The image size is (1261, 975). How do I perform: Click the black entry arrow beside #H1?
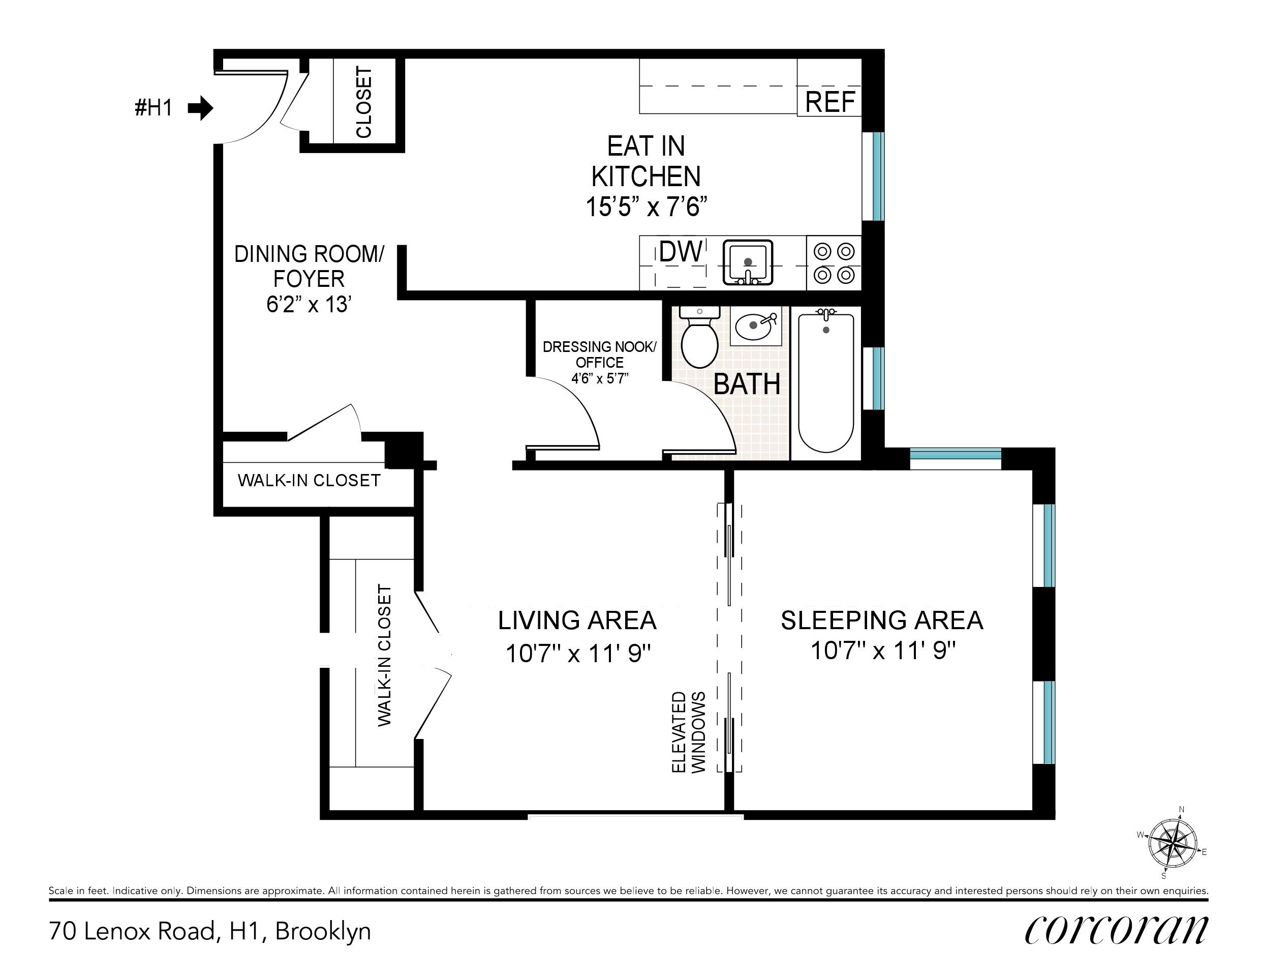(x=200, y=108)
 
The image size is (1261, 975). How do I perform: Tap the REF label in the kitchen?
(x=829, y=102)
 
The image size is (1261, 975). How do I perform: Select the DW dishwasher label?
(x=681, y=251)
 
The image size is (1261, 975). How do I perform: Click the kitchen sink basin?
(x=748, y=263)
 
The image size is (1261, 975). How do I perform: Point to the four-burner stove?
(x=834, y=263)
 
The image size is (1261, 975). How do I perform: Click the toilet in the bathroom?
(x=700, y=337)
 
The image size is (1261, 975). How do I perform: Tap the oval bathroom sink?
(x=755, y=326)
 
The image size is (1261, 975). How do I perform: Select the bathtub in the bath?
(x=825, y=382)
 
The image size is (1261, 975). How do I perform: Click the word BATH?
(x=747, y=385)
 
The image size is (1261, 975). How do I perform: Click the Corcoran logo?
(x=1116, y=930)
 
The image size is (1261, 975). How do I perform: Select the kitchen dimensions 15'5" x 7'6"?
(x=646, y=206)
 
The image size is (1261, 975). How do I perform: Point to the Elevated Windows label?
(x=689, y=732)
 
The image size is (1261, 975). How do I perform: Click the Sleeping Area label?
(x=882, y=621)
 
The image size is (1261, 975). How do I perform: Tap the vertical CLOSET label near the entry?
(x=364, y=103)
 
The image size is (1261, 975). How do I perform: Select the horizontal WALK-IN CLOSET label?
(x=309, y=480)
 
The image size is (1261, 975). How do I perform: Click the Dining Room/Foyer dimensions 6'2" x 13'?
(x=310, y=304)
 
